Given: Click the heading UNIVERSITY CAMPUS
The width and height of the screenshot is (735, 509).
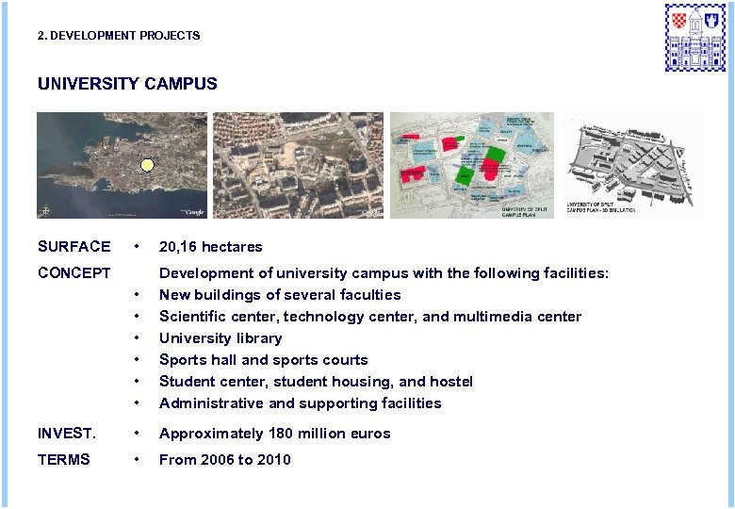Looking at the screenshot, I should pyautogui.click(x=127, y=84).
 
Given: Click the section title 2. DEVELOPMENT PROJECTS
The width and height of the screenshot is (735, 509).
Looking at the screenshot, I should pyautogui.click(x=119, y=36).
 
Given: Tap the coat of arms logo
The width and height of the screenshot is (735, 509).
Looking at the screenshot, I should pyautogui.click(x=697, y=37).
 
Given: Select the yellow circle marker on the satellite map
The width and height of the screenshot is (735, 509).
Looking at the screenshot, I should pyautogui.click(x=146, y=167).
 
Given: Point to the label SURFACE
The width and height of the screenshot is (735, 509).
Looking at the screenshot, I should pyautogui.click(x=73, y=247).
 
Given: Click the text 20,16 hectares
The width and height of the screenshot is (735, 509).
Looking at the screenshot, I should pyautogui.click(x=211, y=247).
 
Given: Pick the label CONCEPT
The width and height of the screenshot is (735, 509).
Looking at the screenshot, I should pyautogui.click(x=74, y=273).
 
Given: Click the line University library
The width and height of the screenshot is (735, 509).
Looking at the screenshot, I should pyautogui.click(x=220, y=338).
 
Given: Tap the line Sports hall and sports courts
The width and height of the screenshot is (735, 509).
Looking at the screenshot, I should pyautogui.click(x=264, y=360).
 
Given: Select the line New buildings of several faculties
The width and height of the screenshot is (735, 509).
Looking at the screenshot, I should pyautogui.click(x=280, y=295).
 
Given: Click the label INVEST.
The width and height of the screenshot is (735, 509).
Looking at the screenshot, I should pyautogui.click(x=67, y=434).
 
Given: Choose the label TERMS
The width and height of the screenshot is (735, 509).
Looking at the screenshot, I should pyautogui.click(x=64, y=460).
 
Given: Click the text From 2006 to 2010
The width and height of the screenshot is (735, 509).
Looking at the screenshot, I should pyautogui.click(x=225, y=460).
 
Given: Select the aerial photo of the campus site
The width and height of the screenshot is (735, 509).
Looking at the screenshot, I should pyautogui.click(x=298, y=165).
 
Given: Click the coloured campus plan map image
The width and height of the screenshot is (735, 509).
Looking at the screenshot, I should pyautogui.click(x=472, y=165).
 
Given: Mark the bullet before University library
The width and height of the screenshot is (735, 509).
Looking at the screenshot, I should pyautogui.click(x=139, y=338).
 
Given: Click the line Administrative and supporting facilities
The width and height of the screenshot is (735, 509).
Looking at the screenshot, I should pyautogui.click(x=300, y=403).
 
